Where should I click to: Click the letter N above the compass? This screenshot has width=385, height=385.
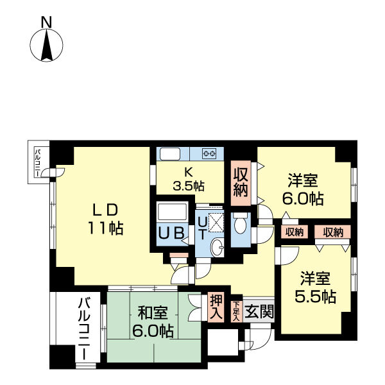coord(46,22)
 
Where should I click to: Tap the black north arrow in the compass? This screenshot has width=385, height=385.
coord(47,45)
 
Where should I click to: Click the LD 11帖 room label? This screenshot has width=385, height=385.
coord(105,219)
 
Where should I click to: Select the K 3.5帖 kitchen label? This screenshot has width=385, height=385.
coord(189,181)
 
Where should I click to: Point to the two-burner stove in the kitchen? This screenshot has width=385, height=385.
coord(209,154)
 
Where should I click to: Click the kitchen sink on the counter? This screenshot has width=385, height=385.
coord(170,154)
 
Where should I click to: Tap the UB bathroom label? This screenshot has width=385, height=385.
coord(171,233)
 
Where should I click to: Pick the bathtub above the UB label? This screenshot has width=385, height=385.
coord(172,211)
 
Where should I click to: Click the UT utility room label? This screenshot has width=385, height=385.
coord(202,228)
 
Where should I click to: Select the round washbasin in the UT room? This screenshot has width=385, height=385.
coord(218,248)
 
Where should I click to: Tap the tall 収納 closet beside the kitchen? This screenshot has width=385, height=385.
coord(241,183)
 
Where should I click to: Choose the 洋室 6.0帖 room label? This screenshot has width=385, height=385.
coord(302,189)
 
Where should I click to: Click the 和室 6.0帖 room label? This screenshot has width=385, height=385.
coord(153,322)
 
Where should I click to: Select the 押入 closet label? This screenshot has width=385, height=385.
coord(216,307)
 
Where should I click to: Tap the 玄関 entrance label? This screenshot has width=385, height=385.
coord(259,311)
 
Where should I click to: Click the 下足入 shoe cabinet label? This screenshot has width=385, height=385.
coord(236,311)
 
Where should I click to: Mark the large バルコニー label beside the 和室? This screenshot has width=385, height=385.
coord(84,329)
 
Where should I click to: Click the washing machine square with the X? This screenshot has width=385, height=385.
coord(216,222)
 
